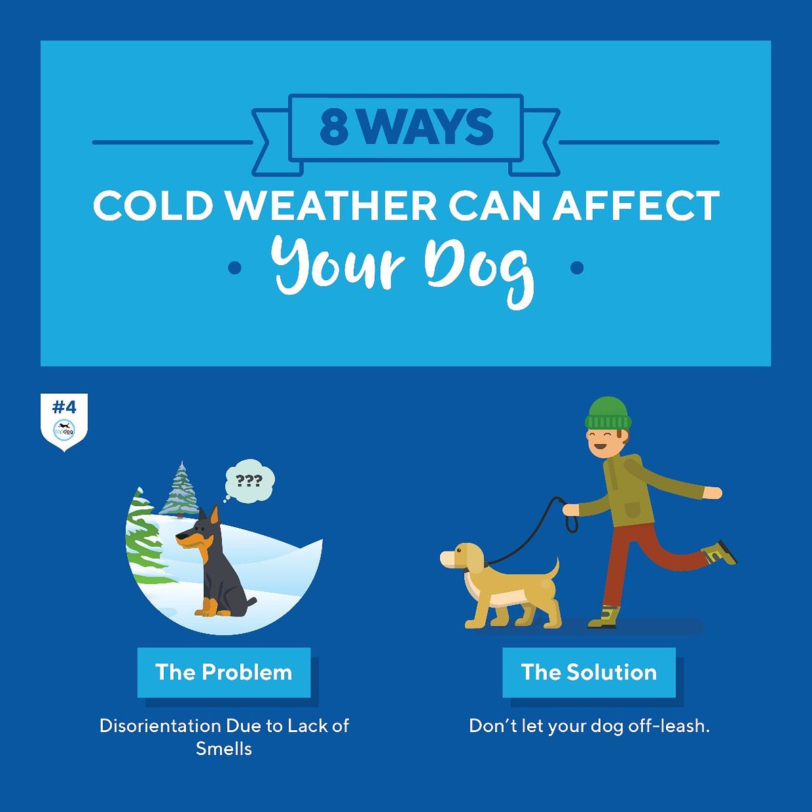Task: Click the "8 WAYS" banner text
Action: tap(406, 127)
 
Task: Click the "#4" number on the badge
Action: tap(64, 407)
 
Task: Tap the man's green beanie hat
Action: tap(608, 413)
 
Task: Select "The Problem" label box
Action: tap(224, 672)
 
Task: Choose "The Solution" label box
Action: tap(589, 672)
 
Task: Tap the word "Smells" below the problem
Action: tap(224, 749)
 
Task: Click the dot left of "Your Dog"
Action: tap(235, 268)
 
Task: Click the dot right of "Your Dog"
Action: tap(577, 268)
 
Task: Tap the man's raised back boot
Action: tap(719, 553)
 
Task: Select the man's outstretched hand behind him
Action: tap(712, 493)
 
